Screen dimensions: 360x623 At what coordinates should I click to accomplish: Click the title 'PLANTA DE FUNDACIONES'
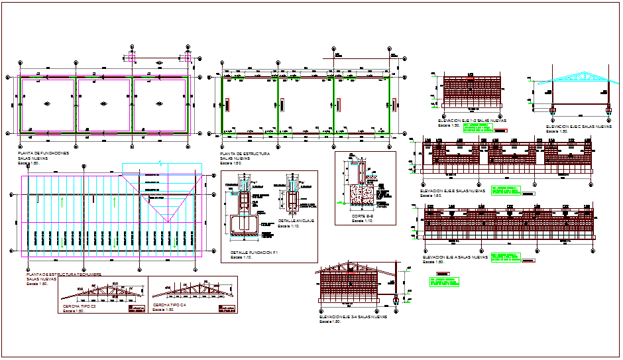click(x=43, y=154)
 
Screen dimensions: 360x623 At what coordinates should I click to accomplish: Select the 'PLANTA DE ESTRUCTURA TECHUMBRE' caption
click(x=63, y=273)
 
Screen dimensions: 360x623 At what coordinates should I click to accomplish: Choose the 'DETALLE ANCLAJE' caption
click(x=296, y=221)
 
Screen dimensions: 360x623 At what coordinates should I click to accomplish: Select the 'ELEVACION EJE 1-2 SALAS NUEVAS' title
click(x=467, y=121)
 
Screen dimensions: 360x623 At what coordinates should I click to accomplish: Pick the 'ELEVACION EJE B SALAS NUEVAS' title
click(x=453, y=191)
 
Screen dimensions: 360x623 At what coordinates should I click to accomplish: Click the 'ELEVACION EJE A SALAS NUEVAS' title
click(x=453, y=256)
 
